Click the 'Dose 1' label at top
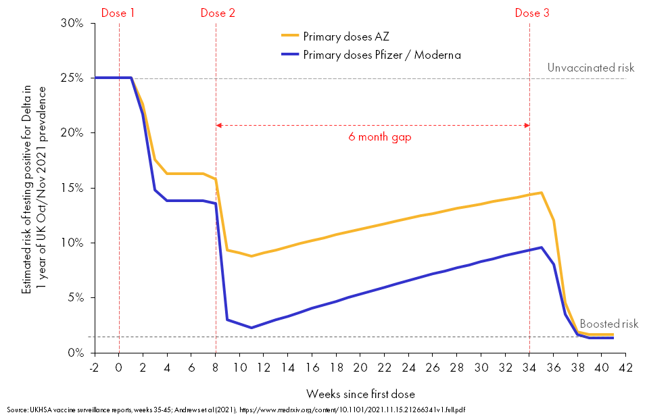tap(118, 13)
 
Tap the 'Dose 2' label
tap(218, 13)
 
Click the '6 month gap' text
tap(380, 137)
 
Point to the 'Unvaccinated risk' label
tap(591, 68)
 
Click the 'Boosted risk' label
tap(608, 324)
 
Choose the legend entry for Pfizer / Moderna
tap(382, 55)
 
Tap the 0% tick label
tap(76, 353)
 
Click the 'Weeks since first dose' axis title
tap(360, 393)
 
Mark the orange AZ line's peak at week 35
tap(541, 193)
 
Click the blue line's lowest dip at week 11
tap(251, 328)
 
